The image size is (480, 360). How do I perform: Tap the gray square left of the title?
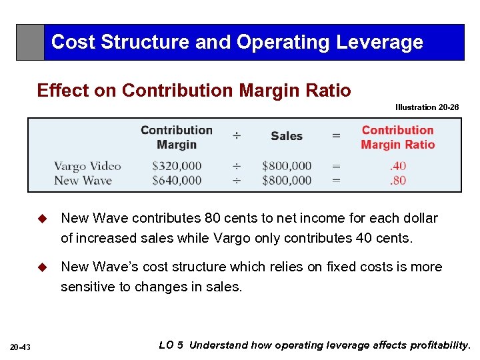point(30,43)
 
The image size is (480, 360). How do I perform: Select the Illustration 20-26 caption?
point(427,107)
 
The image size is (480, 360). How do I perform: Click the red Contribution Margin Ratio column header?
point(397,137)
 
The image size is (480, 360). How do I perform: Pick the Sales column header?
point(287,136)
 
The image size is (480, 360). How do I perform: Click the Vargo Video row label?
point(87,166)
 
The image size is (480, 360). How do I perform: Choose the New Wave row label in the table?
point(83,180)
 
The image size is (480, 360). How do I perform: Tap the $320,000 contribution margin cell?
point(177,166)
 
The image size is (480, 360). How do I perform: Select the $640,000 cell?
point(177,180)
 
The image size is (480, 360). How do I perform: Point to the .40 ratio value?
point(398,166)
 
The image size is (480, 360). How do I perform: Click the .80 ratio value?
point(398,180)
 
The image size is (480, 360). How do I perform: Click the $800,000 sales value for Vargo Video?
point(287,166)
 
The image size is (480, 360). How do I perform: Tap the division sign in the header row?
point(237,136)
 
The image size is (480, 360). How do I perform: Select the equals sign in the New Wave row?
point(336,180)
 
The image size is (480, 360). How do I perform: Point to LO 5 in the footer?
point(171,345)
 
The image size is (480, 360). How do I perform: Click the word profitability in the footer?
point(437,345)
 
